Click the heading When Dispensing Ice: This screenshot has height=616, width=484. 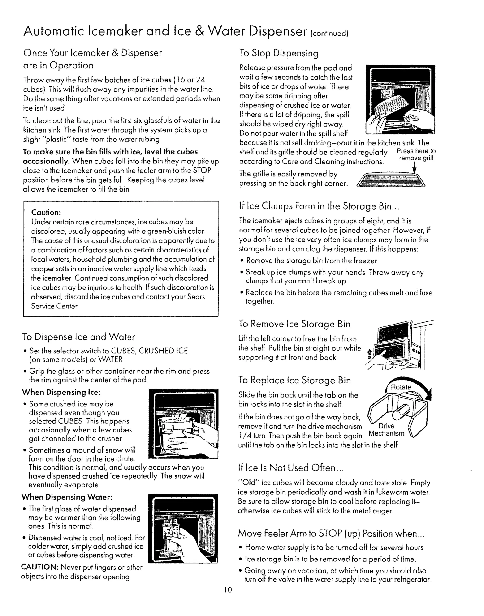[61, 392]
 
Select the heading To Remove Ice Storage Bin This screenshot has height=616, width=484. [294, 324]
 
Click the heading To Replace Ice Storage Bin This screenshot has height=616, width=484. [294, 380]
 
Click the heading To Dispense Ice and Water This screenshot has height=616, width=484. [78, 337]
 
